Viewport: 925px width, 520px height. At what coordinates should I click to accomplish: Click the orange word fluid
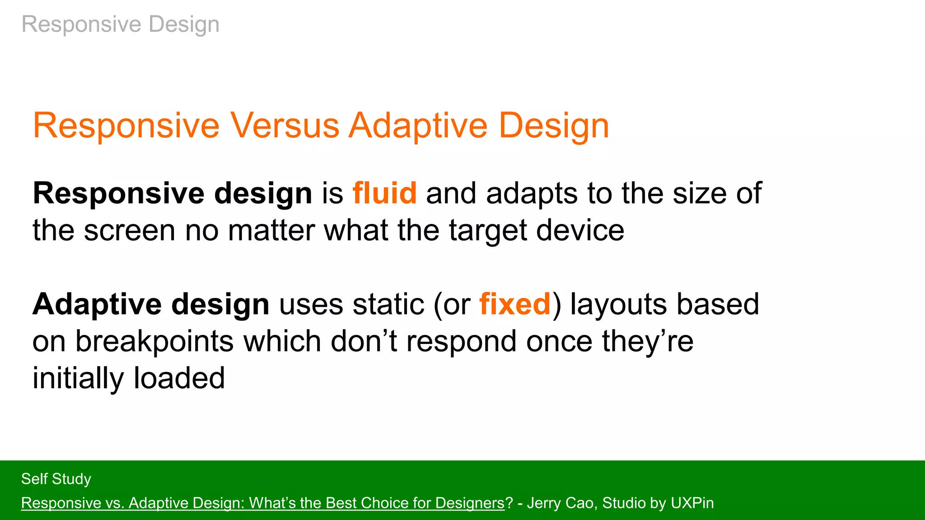tap(384, 193)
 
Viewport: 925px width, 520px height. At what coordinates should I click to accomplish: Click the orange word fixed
tap(515, 304)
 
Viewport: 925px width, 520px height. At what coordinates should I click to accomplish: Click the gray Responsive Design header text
tap(121, 24)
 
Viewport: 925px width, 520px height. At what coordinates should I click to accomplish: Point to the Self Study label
tap(56, 479)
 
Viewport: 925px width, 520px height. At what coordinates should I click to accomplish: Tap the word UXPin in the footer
tap(692, 503)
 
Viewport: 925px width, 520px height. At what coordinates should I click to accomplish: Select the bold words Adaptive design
tap(151, 304)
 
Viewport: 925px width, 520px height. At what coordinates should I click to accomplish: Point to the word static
tap(388, 304)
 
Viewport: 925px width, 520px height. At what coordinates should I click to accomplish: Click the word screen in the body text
tap(129, 230)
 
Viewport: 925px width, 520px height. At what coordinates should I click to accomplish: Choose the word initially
tap(78, 378)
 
